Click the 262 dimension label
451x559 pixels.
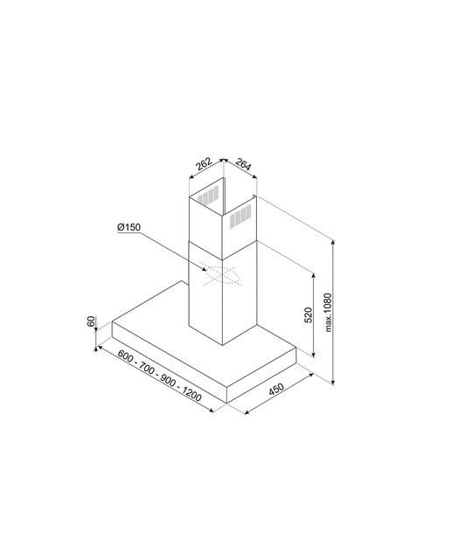(205, 163)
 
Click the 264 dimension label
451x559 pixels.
(243, 165)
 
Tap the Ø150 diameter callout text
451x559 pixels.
(128, 227)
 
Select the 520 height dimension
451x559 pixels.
(309, 314)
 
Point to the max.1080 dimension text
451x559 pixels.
(329, 313)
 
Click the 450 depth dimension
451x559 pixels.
(276, 389)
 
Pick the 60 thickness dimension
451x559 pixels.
(92, 321)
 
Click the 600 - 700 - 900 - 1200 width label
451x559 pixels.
(159, 376)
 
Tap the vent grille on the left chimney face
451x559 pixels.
(208, 195)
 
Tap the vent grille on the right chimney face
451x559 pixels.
(239, 216)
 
